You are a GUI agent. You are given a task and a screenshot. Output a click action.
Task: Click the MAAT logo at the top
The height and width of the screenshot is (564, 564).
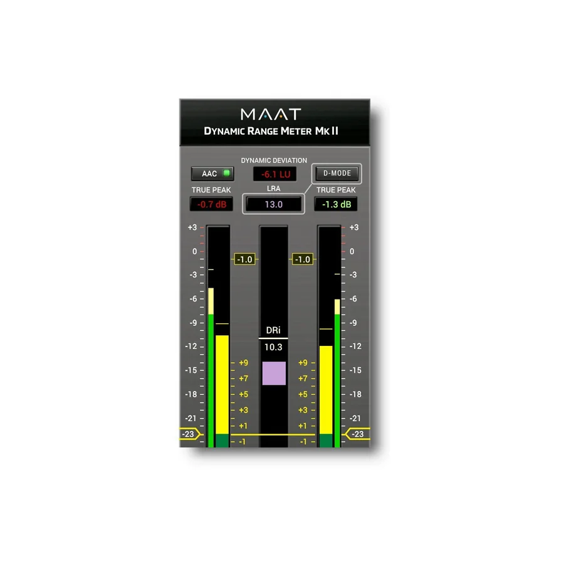271,115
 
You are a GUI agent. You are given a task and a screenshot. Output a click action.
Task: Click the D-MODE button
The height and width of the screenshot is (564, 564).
337,174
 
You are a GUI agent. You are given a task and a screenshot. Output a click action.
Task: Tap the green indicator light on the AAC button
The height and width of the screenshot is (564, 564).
227,173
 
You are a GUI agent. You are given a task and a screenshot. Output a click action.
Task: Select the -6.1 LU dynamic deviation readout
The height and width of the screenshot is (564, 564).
275,174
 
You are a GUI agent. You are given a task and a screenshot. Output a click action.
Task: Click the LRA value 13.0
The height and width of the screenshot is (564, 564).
273,204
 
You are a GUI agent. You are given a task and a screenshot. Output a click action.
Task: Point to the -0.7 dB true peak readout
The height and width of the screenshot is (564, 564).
212,204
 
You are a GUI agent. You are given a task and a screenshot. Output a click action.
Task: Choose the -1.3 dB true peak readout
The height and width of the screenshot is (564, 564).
336,204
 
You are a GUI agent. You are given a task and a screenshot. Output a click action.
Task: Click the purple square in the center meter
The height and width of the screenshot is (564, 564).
274,373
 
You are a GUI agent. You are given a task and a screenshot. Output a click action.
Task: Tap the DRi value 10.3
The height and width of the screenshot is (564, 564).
273,347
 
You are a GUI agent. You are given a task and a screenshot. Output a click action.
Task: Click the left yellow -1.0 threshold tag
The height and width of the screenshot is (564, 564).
245,259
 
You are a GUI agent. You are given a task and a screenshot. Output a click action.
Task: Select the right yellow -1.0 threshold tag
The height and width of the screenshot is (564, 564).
303,259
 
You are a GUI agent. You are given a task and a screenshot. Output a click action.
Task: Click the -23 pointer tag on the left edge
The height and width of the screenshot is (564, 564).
189,434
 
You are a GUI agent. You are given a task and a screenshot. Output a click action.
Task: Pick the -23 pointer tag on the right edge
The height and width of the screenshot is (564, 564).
357,434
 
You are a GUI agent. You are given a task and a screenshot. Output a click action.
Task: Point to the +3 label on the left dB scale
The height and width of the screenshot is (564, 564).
192,227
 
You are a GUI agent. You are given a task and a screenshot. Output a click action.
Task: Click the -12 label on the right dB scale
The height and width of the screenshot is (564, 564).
355,347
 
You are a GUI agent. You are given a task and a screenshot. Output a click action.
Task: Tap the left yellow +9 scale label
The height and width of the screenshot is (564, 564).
244,363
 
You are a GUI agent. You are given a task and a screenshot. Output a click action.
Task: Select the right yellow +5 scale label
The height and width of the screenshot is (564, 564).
303,394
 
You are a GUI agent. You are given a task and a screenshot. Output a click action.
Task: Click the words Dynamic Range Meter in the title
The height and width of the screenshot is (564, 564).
258,131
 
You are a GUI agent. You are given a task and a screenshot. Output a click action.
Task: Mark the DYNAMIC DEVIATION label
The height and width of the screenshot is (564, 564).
274,160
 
